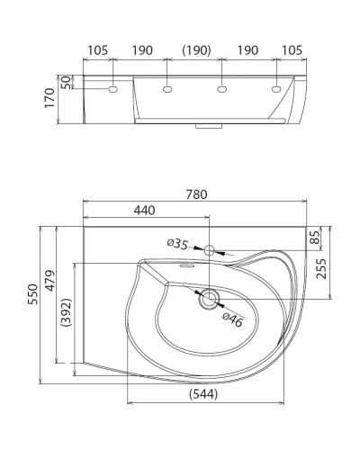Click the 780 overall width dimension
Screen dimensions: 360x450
click(196, 194)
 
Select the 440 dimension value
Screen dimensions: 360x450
click(144, 211)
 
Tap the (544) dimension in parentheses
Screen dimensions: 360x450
click(203, 394)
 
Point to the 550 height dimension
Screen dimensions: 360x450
click(33, 294)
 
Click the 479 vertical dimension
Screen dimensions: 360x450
click(50, 281)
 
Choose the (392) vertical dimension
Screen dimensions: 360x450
click(67, 312)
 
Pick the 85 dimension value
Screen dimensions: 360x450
click(314, 237)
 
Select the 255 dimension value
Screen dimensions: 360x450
click(321, 269)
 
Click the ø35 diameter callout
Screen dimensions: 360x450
click(177, 244)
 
